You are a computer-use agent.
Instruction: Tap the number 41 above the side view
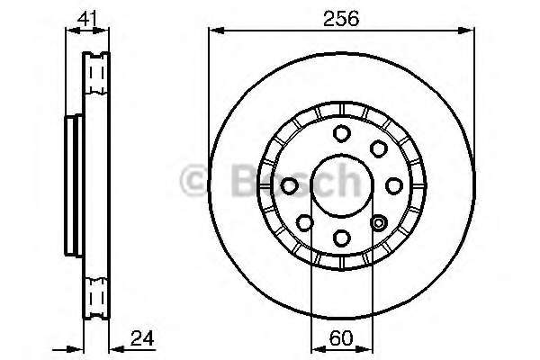[x=87, y=15]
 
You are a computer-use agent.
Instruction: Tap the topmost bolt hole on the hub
[x=342, y=134]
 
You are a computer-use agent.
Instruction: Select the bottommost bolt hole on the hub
[x=342, y=238]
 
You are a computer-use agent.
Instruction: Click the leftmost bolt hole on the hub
[x=290, y=186]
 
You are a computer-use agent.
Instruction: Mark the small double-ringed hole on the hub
[x=379, y=222]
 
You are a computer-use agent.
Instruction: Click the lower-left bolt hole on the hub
[x=305, y=222]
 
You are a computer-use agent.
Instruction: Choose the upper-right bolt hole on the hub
[x=379, y=148]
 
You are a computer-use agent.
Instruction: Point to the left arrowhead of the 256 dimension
[x=214, y=31]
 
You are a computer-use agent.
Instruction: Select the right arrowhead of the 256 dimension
[x=470, y=31]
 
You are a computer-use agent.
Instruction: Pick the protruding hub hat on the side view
[x=73, y=186]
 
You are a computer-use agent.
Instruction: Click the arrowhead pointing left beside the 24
[x=113, y=347]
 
